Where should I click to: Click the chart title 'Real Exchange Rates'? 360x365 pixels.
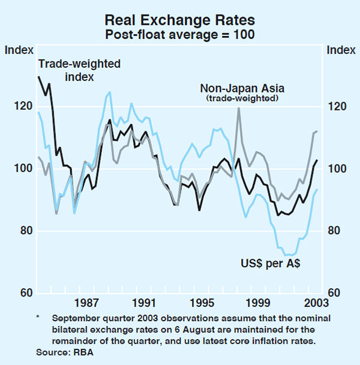pos(180,20)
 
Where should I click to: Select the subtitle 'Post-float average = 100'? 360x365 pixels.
pos(180,34)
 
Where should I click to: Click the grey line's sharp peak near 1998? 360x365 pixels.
pos(239,108)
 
